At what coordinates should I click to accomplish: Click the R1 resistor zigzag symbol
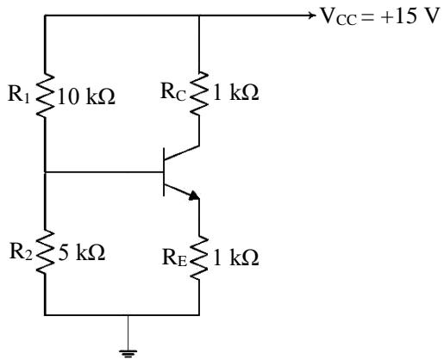click(x=45, y=95)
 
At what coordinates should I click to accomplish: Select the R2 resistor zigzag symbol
click(x=45, y=251)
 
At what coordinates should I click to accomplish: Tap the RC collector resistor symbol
click(x=199, y=93)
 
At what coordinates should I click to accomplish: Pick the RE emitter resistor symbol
click(x=199, y=258)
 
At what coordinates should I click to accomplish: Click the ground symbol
click(x=128, y=354)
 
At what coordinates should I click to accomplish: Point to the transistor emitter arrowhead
click(x=194, y=196)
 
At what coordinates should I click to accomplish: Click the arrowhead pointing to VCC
click(x=312, y=16)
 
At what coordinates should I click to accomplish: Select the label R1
click(x=19, y=94)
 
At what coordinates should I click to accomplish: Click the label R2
click(x=21, y=251)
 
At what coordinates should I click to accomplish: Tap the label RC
click(x=173, y=92)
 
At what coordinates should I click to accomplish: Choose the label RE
click(x=174, y=258)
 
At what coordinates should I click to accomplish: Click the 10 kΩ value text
click(x=86, y=96)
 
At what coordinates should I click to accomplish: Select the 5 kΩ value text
click(x=82, y=252)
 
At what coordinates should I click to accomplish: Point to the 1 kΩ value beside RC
click(x=236, y=92)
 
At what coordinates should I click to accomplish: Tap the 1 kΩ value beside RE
click(x=236, y=258)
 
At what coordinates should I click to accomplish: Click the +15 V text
click(x=410, y=16)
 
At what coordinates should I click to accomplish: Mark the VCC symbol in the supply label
click(x=339, y=16)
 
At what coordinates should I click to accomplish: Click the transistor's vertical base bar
click(x=164, y=172)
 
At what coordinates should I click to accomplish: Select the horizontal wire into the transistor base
click(x=104, y=172)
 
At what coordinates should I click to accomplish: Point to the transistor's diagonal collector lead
click(x=182, y=152)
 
